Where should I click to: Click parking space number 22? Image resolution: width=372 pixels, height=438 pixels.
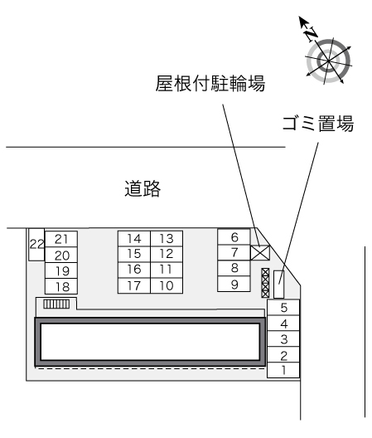tap(36, 245)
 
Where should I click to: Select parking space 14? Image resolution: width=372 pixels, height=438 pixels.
tap(134, 239)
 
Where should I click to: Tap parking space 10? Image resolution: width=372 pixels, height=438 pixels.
tap(167, 285)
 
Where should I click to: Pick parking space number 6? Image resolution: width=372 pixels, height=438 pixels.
tap(234, 237)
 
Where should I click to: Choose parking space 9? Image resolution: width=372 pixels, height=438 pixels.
tap(234, 284)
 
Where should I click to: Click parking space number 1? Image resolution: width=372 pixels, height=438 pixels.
tap(283, 370)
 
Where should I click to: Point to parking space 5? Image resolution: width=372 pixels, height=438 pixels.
tap(283, 308)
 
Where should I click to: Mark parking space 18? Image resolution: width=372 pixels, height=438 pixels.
tap(61, 286)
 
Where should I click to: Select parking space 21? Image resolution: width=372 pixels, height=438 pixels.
tap(61, 239)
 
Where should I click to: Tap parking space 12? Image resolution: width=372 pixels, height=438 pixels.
tap(167, 254)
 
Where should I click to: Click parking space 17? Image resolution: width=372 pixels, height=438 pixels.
tap(134, 285)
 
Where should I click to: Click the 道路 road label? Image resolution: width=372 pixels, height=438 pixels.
tap(143, 188)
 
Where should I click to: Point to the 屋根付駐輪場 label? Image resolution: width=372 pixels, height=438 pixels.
tap(210, 83)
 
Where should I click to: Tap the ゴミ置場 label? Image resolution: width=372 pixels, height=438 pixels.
tap(318, 123)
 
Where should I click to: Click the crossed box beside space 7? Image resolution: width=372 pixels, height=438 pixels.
tap(260, 252)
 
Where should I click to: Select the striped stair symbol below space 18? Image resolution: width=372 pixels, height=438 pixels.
tap(56, 304)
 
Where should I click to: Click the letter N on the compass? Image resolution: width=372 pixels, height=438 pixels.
tap(312, 34)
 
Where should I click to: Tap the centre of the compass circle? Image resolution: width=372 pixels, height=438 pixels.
tap(328, 61)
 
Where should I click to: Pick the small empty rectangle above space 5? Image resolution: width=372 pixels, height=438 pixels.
tap(278, 284)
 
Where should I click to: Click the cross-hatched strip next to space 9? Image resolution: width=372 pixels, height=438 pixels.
tap(265, 283)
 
